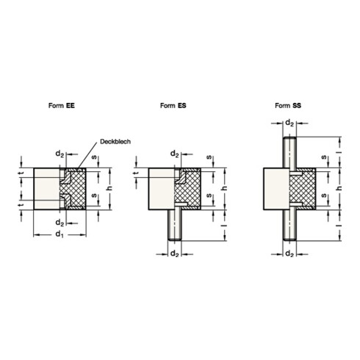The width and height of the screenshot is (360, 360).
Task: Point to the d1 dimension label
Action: tap(58, 234)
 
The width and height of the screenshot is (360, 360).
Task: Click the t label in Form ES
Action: tap(137, 173)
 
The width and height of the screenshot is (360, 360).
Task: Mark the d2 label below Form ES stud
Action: tap(176, 254)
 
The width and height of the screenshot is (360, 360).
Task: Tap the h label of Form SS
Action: tap(338, 188)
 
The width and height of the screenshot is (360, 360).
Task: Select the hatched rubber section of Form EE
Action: tap(77, 188)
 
